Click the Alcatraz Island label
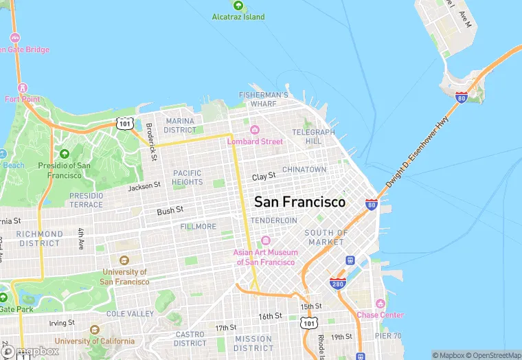pos(238,16)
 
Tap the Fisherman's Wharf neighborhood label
pos(264,99)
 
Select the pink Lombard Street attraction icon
pos(254,130)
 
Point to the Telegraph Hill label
pos(313,136)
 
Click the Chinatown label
pos(304,169)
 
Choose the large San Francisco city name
pos(300,202)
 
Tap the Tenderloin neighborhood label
pos(273,220)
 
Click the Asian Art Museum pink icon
pos(266,240)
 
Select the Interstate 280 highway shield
pos(337,283)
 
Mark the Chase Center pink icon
pos(380,303)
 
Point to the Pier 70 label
pos(389,336)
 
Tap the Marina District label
pos(180,125)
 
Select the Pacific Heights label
pos(188,177)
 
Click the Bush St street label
pos(170,210)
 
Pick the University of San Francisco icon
pos(124,260)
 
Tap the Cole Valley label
pos(130,313)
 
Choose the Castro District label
pos(190,339)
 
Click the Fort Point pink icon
pos(23,88)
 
